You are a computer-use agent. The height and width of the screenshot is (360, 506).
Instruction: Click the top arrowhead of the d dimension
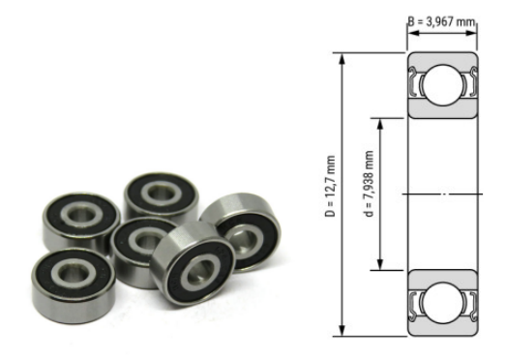pyautogui.click(x=381, y=121)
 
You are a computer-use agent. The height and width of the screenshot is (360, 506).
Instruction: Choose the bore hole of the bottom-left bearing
pyautogui.click(x=71, y=270)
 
